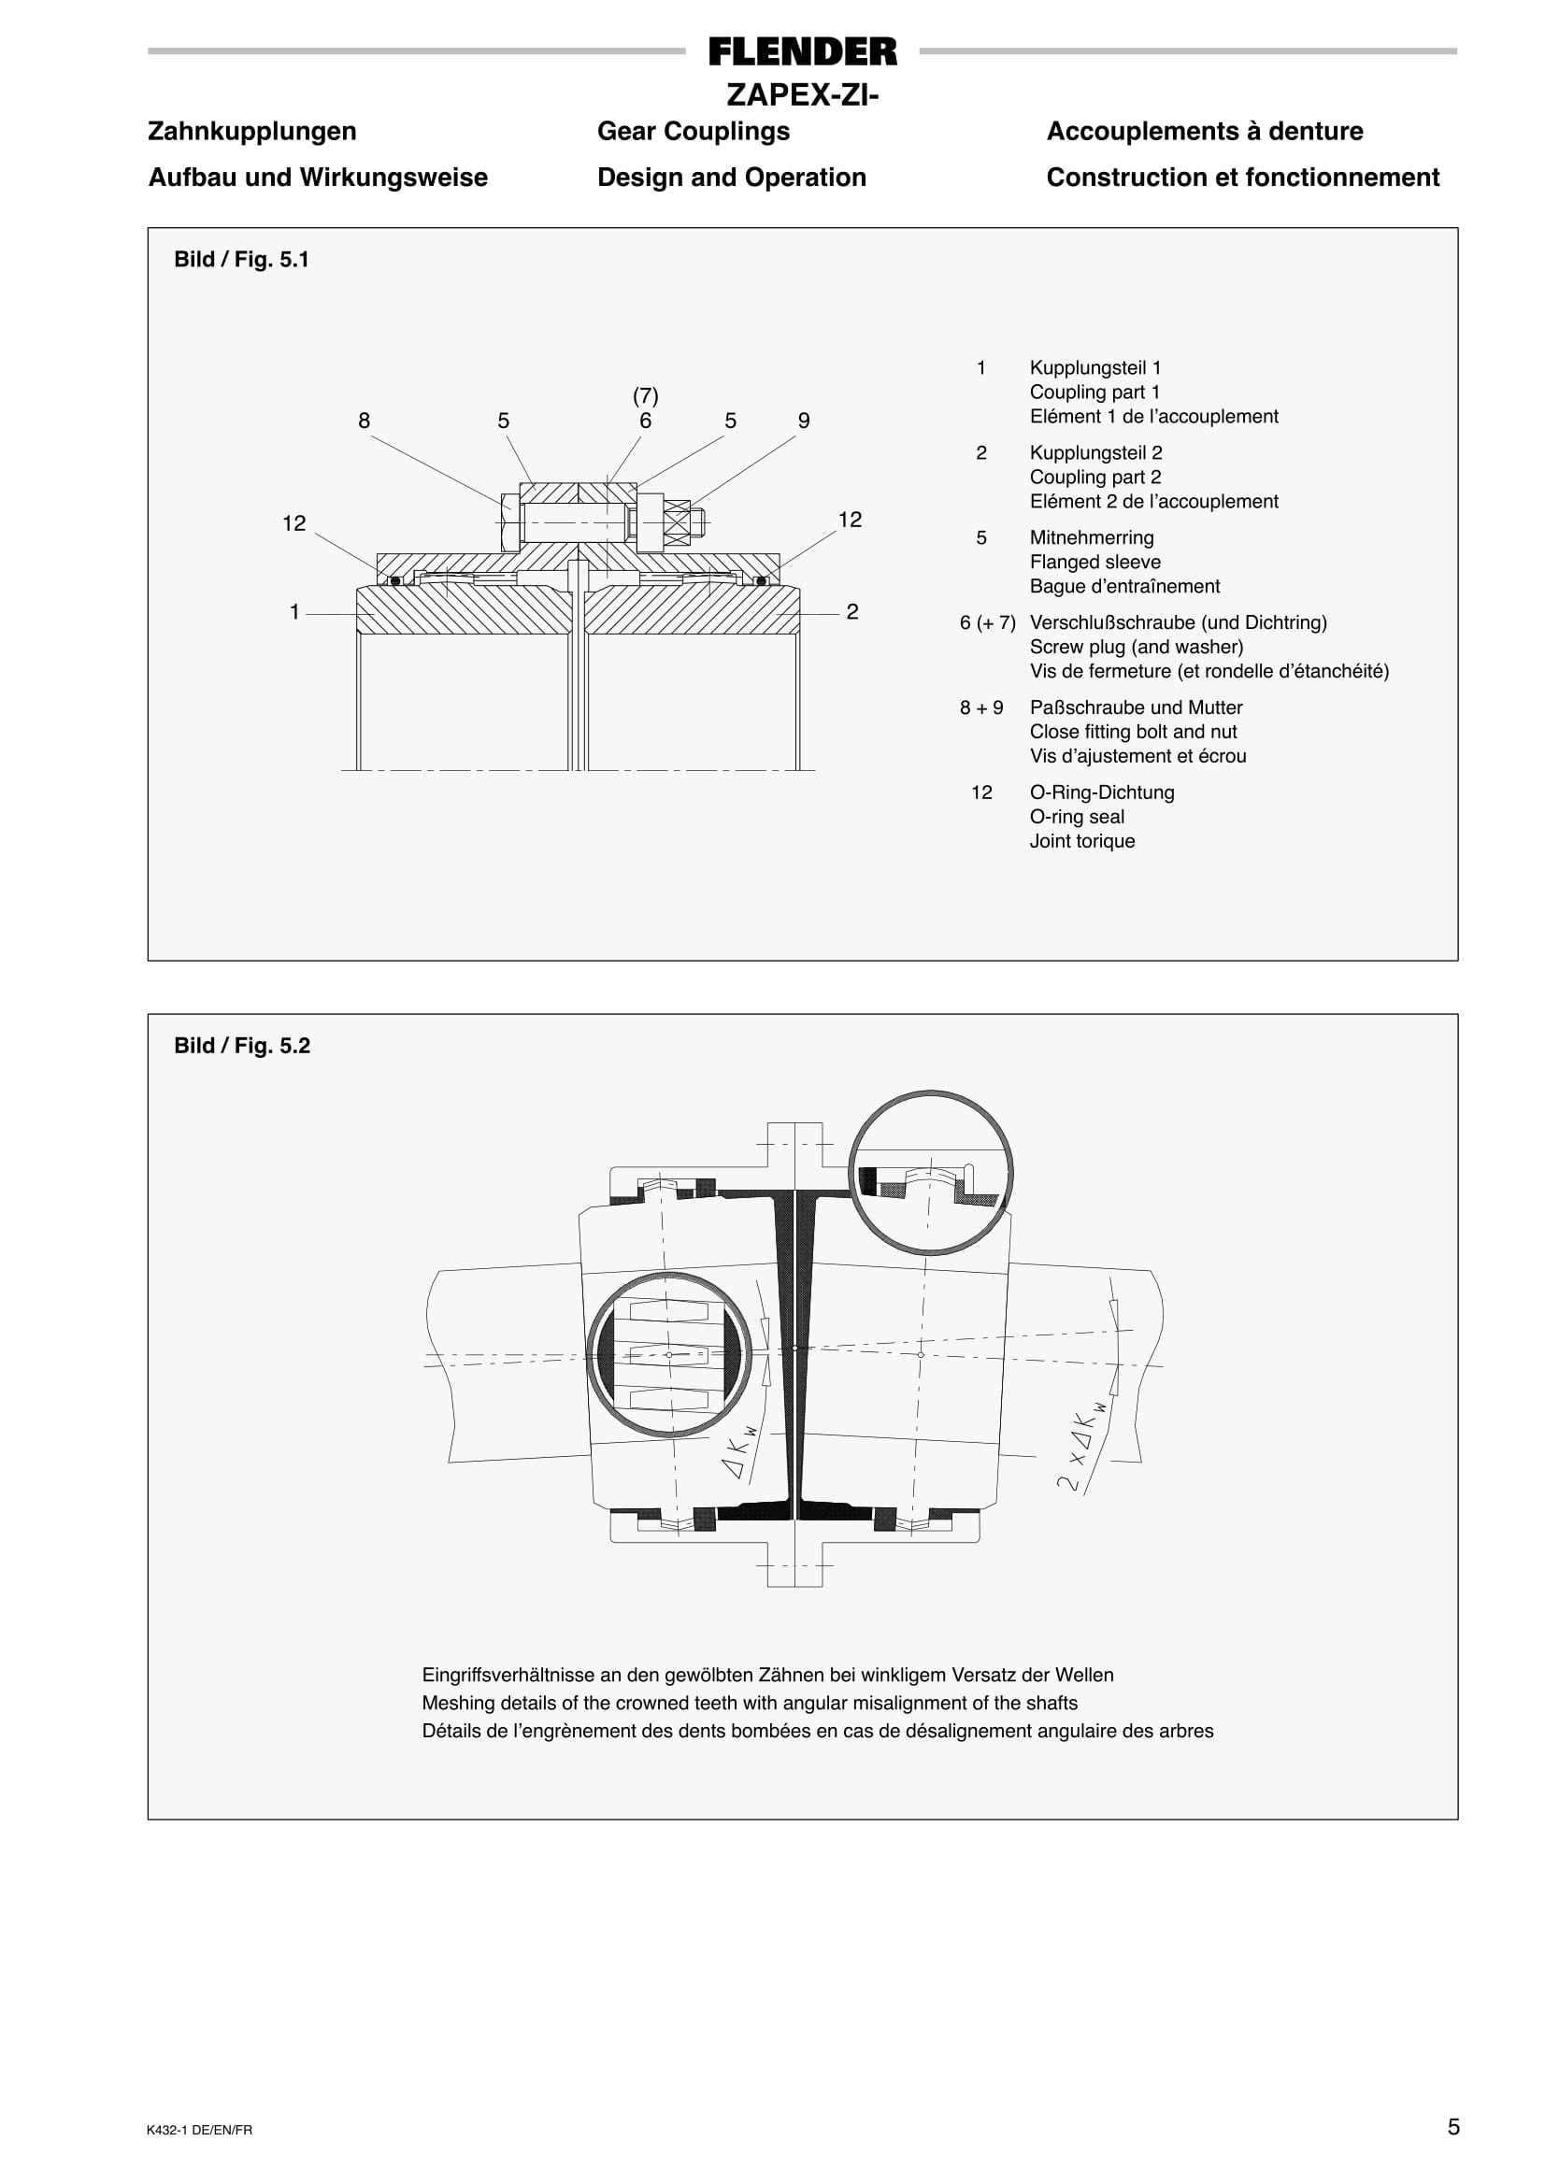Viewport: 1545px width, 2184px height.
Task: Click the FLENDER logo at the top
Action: coord(802,51)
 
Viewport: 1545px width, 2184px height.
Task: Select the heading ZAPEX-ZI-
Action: coord(802,95)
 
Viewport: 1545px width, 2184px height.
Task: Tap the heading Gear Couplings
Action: coord(693,131)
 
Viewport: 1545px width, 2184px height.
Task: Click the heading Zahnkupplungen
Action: coord(252,131)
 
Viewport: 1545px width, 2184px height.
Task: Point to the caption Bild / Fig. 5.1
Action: coord(242,260)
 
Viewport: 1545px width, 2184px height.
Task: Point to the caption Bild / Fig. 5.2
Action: coord(242,1046)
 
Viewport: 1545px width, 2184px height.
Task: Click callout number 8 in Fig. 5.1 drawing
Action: coord(364,421)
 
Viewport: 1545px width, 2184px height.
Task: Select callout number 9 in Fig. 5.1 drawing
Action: coord(804,421)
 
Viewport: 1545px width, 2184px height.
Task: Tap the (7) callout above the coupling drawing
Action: coord(645,394)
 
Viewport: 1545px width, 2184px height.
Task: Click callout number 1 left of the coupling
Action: coord(295,611)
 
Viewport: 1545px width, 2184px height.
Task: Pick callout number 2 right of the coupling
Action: coord(852,611)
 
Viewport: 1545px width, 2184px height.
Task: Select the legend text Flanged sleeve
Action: coord(1095,563)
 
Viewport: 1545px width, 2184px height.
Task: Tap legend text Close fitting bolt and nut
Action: coord(1133,732)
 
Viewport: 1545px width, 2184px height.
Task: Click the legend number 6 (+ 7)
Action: coord(987,622)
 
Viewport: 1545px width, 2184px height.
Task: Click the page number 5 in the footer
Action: coord(1452,2127)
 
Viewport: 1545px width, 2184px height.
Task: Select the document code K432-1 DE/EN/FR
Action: coord(200,2130)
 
